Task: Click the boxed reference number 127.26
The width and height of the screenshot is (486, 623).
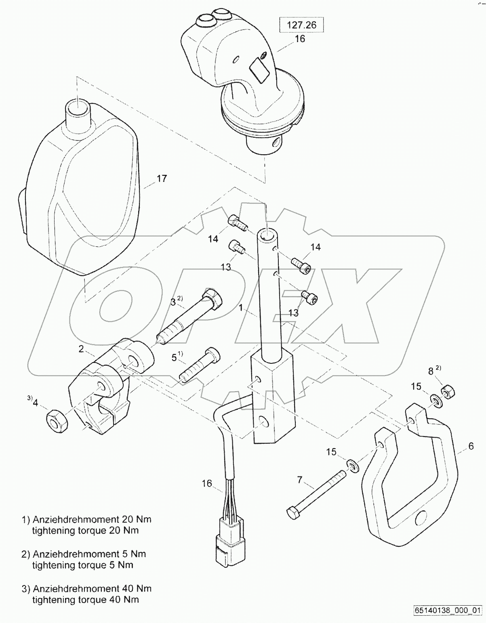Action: click(301, 25)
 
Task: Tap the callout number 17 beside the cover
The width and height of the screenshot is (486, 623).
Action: click(162, 178)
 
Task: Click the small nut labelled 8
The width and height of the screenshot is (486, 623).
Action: click(447, 392)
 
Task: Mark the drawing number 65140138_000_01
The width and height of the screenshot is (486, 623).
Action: click(447, 610)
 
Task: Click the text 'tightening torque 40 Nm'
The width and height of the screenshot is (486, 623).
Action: click(85, 600)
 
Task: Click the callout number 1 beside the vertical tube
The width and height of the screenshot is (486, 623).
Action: click(240, 308)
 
